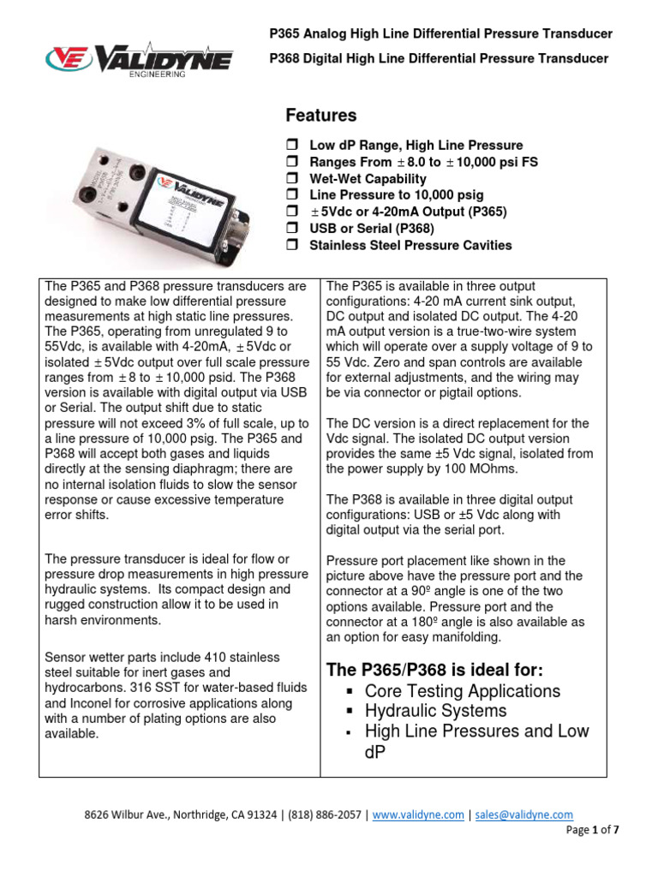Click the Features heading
coord(320,115)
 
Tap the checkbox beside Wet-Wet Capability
coord(291,179)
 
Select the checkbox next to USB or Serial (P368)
coord(291,229)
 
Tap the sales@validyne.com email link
coord(523,815)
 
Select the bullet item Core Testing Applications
coord(462,691)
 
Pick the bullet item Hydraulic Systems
coord(435,711)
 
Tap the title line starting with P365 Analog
coord(441,33)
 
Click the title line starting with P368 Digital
coord(439,58)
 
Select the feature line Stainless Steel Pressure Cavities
coord(410,246)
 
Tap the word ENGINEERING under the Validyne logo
coord(157,75)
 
